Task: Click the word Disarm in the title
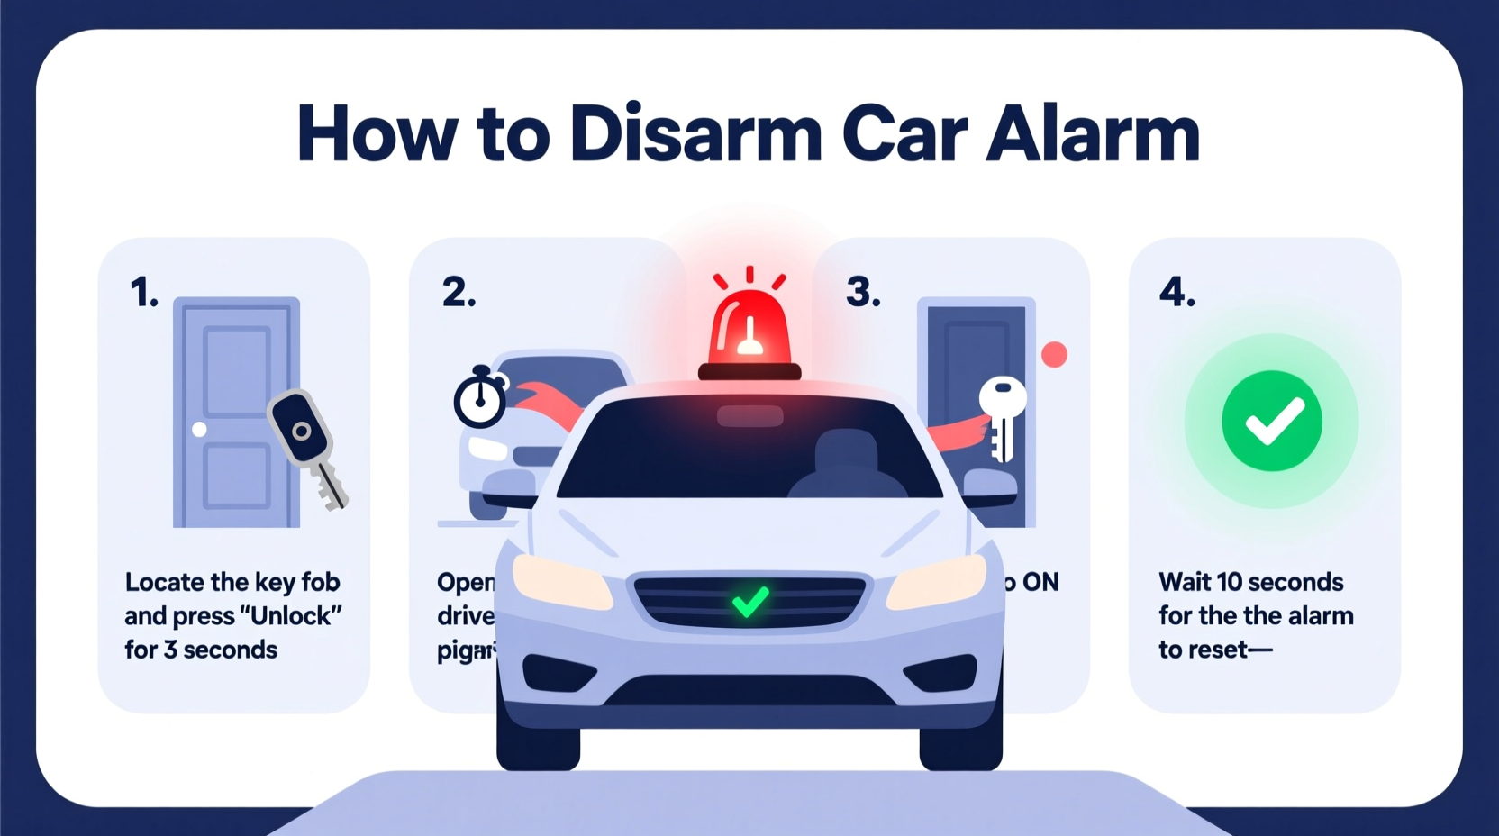695,133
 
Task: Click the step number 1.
143,293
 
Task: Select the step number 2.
459,293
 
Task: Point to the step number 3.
862,293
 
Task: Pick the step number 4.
1176,293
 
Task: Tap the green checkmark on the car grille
749,602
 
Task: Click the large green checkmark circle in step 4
1271,421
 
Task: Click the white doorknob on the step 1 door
199,430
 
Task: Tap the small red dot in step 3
1054,354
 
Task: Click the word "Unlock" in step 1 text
290,616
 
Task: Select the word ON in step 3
1040,583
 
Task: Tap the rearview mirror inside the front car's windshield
749,416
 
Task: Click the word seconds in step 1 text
230,650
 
